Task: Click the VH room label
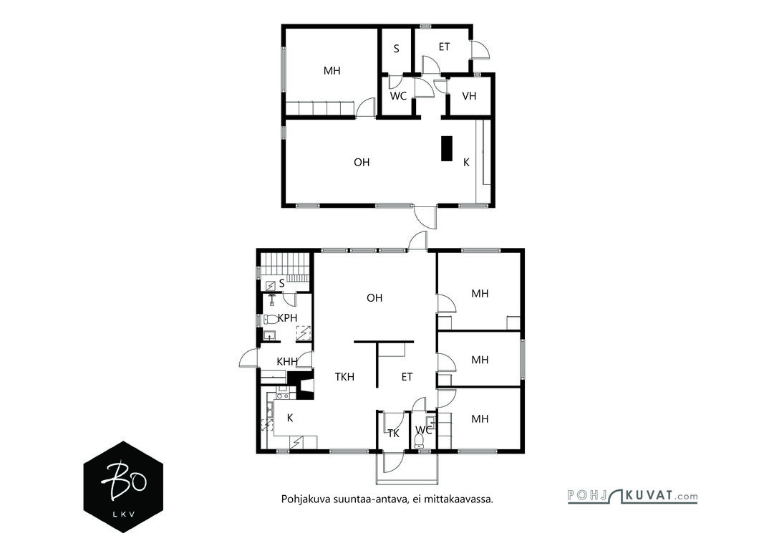click(469, 96)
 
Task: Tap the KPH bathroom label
click(287, 318)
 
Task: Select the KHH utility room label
click(287, 362)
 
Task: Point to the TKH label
click(344, 377)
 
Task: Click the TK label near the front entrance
click(394, 434)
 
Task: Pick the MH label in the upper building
click(332, 71)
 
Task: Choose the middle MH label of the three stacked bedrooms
click(480, 360)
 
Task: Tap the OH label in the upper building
click(362, 162)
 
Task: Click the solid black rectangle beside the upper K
click(447, 148)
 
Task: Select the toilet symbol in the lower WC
click(419, 441)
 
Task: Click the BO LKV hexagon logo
click(123, 487)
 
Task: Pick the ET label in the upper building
click(444, 47)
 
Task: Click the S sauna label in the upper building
click(396, 49)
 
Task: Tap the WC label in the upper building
click(398, 96)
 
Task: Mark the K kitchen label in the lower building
click(290, 418)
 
